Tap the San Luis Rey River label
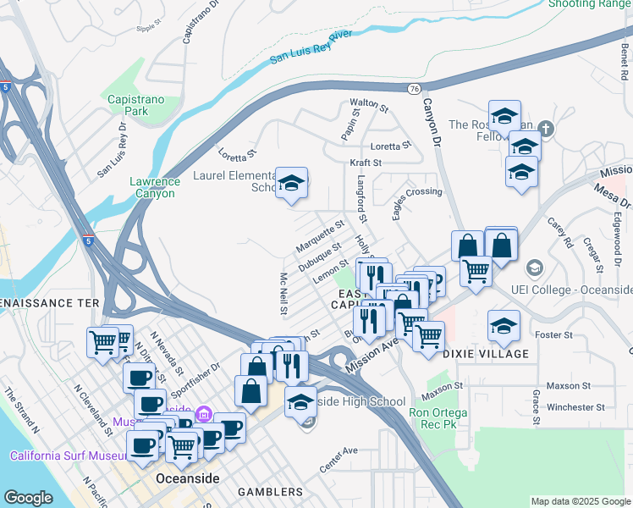(311, 47)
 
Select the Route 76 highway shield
(413, 88)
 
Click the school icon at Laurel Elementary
(291, 184)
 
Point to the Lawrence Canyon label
(154, 187)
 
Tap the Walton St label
(369, 108)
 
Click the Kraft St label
(366, 162)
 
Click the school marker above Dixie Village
(504, 326)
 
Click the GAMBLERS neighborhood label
(270, 492)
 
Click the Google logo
(28, 498)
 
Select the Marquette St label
(320, 236)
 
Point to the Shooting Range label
(590, 4)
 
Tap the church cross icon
(547, 130)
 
